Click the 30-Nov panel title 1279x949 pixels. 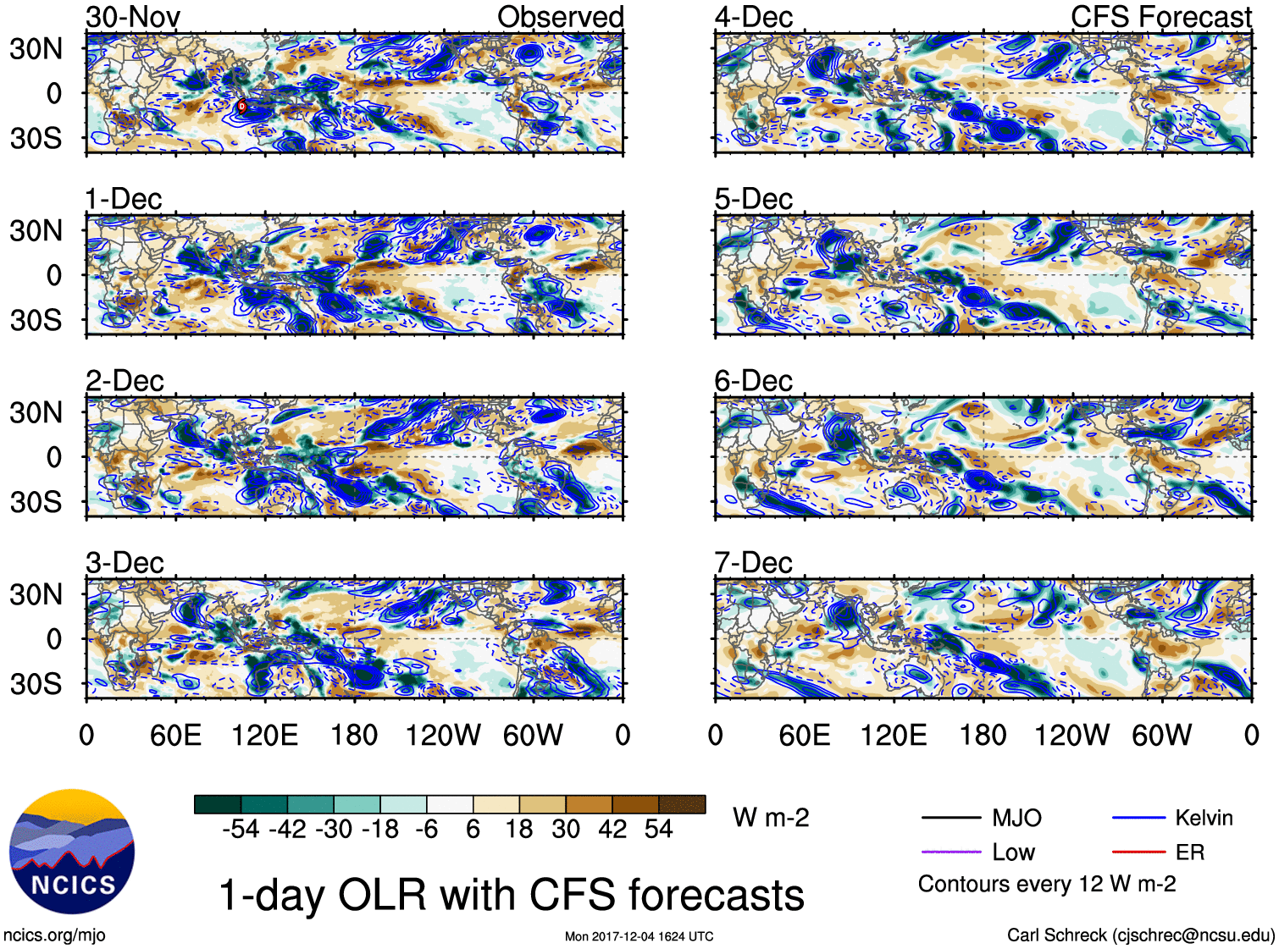pos(132,17)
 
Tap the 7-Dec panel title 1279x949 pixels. pos(753,563)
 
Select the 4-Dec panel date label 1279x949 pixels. pos(753,17)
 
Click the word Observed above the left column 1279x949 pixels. pos(560,17)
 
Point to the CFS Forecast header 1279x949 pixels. pos(1160,17)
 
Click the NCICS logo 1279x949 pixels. pos(72,852)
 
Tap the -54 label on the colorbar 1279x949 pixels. pos(241,829)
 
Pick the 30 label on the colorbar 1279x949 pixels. pos(566,829)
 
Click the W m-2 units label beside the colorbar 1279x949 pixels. pos(771,818)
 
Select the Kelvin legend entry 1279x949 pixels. pos(1204,818)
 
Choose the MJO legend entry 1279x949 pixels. pos(1016,818)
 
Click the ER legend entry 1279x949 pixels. pos(1189,852)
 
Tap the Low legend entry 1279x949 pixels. pos(1013,852)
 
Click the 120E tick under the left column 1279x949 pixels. pos(264,735)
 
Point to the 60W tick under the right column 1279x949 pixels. pos(1161,735)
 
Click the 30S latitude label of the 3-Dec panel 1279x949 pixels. pos(36,684)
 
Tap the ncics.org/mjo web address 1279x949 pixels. pos(54,935)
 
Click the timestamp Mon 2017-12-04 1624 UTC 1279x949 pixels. pos(639,936)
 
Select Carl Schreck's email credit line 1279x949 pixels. pos(1140,935)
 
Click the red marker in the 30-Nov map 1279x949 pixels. pos(242,107)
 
